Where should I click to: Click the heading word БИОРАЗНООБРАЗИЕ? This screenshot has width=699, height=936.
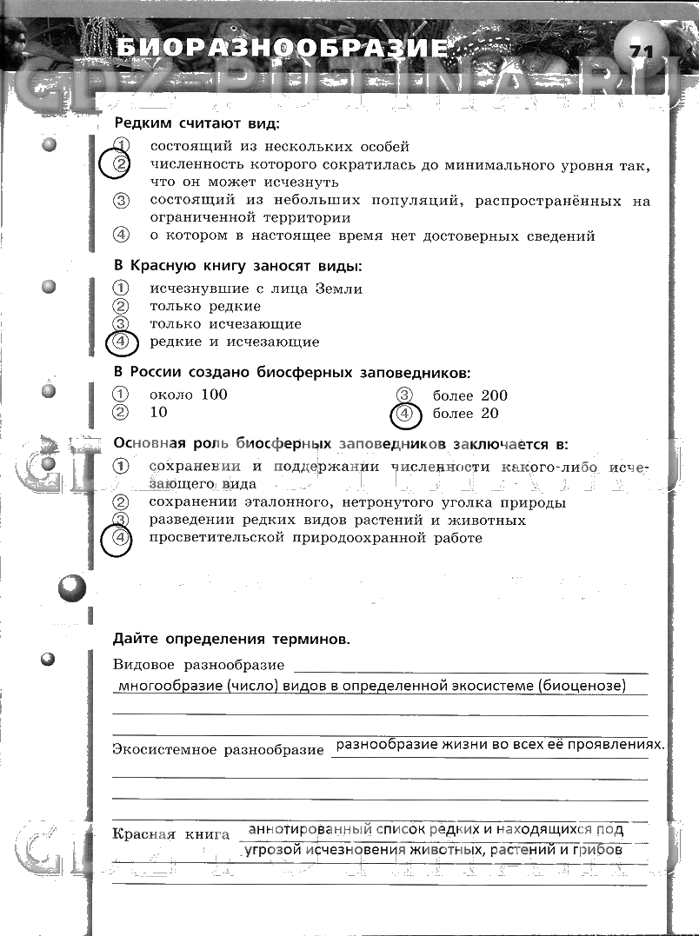283,47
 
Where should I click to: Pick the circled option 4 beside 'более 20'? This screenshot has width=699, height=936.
404,415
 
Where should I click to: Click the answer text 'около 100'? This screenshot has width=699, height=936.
188,395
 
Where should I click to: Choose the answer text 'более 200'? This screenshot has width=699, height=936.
469,395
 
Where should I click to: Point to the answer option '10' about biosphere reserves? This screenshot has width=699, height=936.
158,413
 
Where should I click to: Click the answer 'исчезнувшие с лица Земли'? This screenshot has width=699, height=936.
256,289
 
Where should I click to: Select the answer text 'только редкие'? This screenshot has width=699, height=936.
205,306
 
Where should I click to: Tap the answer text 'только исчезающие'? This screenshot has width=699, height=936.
225,324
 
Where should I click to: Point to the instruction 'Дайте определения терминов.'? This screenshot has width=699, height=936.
231,639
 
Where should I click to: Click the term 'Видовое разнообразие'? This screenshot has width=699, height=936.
199,665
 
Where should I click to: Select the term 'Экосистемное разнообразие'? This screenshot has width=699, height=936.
218,749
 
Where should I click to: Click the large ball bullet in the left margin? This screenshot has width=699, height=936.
72,591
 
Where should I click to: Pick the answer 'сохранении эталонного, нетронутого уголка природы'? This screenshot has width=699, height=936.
357,502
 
